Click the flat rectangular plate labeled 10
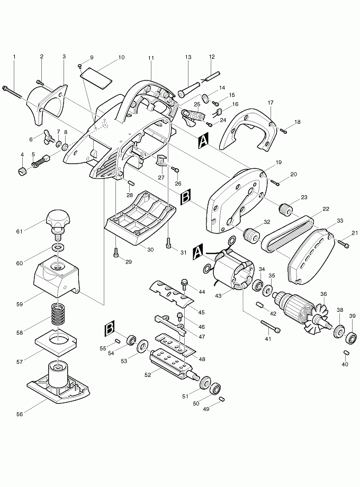click(x=97, y=76)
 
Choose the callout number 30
click(x=150, y=249)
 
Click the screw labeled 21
click(x=343, y=244)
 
